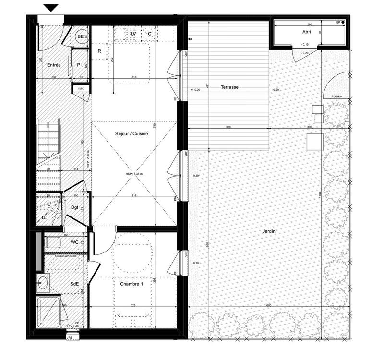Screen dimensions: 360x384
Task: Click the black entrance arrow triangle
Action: [x=51, y=8]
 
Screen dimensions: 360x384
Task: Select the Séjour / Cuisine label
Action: [x=132, y=134]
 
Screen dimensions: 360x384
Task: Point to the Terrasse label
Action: [x=229, y=87]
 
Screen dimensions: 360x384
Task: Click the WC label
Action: [x=74, y=242]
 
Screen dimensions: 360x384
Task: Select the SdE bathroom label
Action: [x=74, y=284]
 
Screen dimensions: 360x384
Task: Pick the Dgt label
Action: [x=74, y=207]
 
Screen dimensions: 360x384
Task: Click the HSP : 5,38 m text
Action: [x=132, y=174]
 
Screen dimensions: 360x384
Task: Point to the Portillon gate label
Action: [x=336, y=97]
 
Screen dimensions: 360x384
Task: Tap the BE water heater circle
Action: [x=82, y=36]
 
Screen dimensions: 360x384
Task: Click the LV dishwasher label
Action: [x=133, y=34]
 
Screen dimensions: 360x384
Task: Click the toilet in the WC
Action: [x=53, y=242]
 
